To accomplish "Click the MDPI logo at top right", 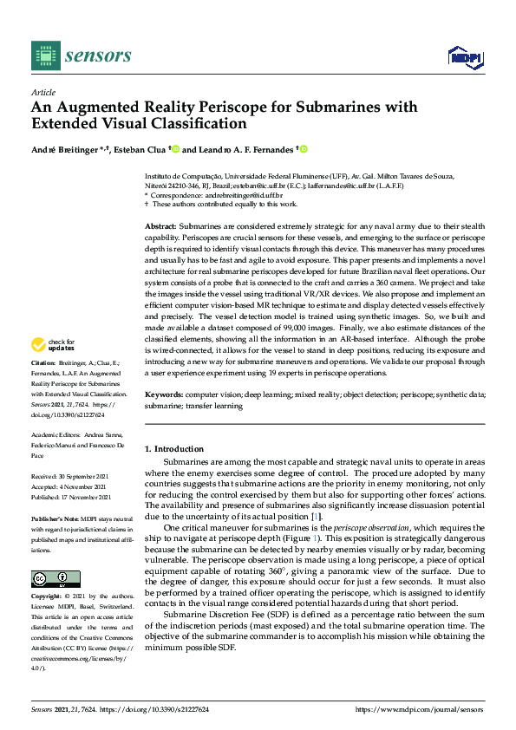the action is tap(464, 57).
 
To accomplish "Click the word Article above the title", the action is tap(42, 92).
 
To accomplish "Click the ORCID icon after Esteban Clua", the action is tap(175, 150).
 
